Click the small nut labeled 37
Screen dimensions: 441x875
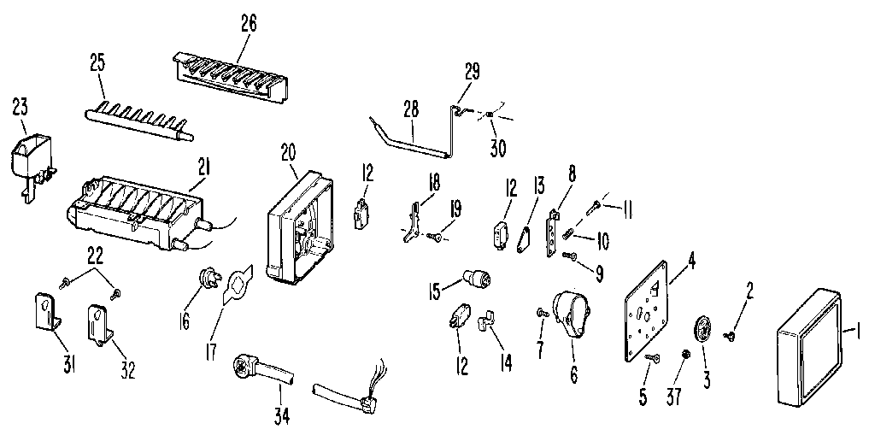point(685,354)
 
